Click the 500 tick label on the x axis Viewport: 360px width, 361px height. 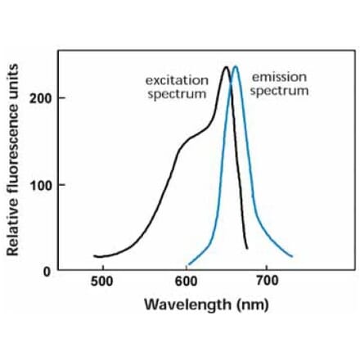[x=102, y=282]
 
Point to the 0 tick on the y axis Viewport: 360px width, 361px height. [x=46, y=271]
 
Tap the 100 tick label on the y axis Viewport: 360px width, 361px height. [x=40, y=185]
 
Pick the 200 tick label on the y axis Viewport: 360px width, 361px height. [x=40, y=98]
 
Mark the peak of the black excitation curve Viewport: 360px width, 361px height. [x=225, y=67]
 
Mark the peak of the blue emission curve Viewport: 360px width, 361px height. [x=236, y=66]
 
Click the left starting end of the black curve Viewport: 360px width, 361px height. [x=95, y=255]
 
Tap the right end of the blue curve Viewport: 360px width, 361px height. [x=291, y=256]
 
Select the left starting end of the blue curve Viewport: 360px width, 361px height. [x=188, y=265]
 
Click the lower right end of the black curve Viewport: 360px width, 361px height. [x=246, y=248]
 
